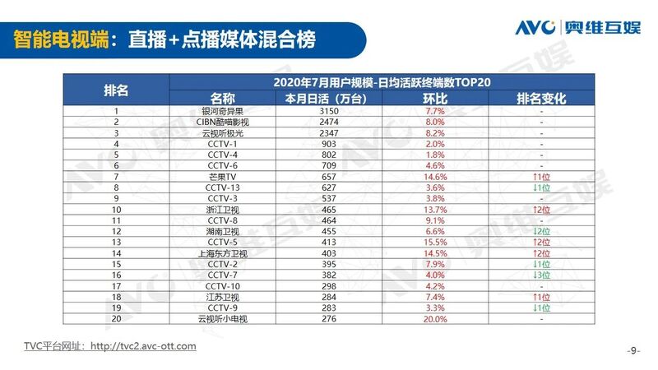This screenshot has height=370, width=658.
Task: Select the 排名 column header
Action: tap(116, 90)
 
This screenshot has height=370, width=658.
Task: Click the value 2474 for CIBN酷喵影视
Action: tap(328, 122)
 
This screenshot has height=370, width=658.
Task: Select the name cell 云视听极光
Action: tap(222, 132)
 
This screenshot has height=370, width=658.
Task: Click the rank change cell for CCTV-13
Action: tap(541, 187)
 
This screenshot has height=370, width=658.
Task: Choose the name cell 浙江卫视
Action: tap(222, 209)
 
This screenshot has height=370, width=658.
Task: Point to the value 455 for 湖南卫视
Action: tap(328, 231)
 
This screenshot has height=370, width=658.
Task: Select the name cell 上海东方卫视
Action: tap(222, 253)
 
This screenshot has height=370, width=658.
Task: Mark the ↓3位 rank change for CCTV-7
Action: tap(541, 275)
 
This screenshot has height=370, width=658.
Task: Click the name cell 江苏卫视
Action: tap(222, 297)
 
